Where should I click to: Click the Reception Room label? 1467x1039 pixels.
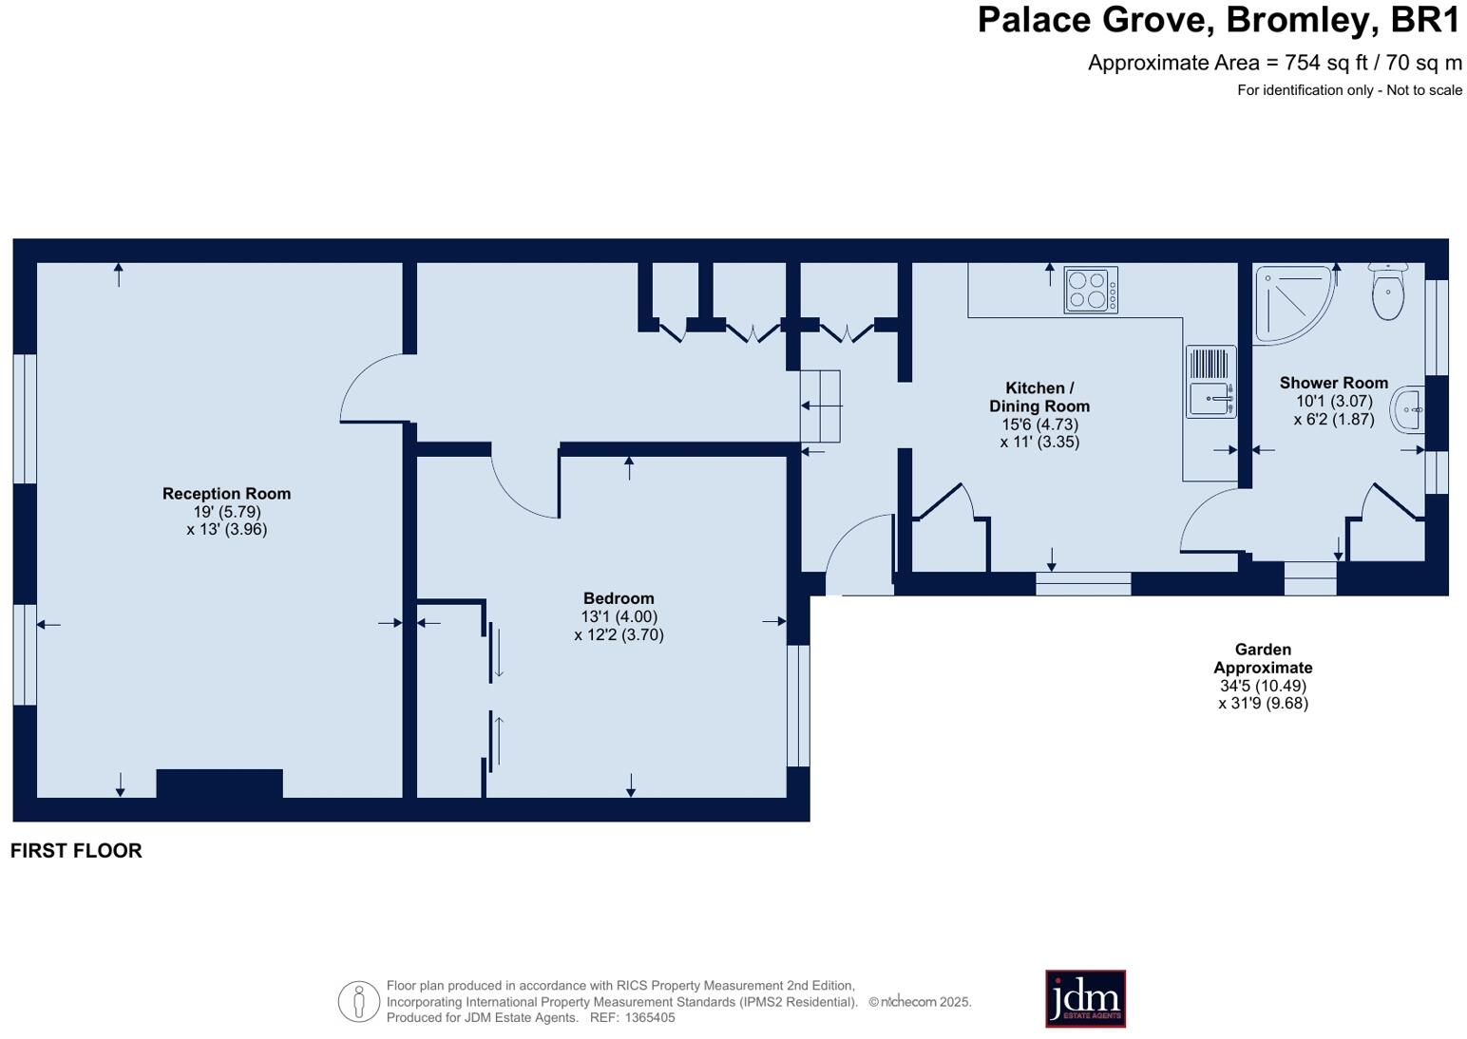click(x=226, y=494)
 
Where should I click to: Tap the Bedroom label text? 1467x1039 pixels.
click(x=619, y=598)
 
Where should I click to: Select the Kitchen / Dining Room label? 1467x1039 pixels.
click(x=1039, y=397)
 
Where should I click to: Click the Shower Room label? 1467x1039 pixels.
click(x=1333, y=383)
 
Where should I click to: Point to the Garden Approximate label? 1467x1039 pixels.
click(x=1263, y=658)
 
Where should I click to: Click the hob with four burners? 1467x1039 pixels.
click(x=1090, y=290)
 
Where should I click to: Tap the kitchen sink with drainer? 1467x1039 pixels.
click(x=1210, y=382)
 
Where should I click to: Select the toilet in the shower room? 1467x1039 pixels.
click(x=1388, y=292)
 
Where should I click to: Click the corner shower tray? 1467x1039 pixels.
click(x=1290, y=302)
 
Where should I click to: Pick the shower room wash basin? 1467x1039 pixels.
click(x=1409, y=410)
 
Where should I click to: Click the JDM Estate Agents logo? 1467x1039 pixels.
click(x=1085, y=998)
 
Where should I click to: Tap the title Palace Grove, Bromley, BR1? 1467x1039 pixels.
click(x=1219, y=20)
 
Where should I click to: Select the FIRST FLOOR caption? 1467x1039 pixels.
click(x=76, y=851)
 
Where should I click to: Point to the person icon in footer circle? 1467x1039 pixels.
click(x=359, y=1001)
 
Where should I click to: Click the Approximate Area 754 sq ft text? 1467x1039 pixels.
click(x=1274, y=63)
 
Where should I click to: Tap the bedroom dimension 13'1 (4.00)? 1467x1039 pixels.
click(x=619, y=616)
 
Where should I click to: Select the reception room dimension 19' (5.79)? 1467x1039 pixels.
click(x=226, y=512)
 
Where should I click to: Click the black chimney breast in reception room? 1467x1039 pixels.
click(x=219, y=783)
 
